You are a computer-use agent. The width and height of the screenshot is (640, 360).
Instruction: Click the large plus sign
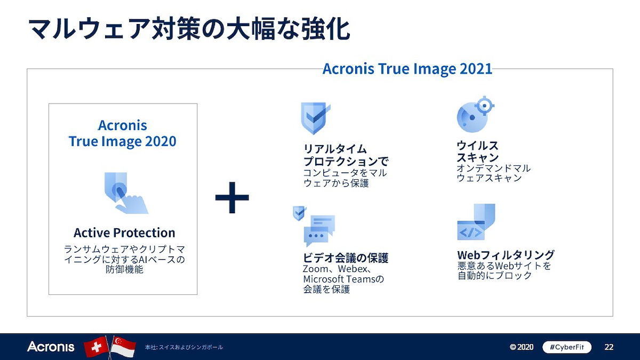point(232,197)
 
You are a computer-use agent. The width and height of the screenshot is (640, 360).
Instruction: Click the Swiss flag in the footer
point(97,347)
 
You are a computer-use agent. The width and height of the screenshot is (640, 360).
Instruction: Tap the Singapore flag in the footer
point(123,347)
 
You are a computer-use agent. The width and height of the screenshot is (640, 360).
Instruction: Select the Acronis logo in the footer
point(51,347)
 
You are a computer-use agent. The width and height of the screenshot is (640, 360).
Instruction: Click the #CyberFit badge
point(567,347)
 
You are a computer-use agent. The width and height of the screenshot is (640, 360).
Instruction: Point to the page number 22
point(609,347)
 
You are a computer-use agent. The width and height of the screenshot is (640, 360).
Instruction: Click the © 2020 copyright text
point(522,347)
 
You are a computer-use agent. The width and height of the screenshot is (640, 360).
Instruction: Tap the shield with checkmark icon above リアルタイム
point(315,118)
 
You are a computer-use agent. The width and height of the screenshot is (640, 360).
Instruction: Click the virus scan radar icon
point(475,114)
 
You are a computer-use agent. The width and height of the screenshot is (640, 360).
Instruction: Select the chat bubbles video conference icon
point(314,226)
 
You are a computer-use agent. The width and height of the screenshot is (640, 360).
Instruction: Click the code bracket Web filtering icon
point(476,222)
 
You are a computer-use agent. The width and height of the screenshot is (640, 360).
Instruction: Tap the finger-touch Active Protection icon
point(126,193)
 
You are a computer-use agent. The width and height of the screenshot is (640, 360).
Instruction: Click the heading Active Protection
point(124,233)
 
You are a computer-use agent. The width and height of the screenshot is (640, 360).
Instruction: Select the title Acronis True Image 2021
point(407,69)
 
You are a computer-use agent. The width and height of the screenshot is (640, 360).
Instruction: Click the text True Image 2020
point(123,141)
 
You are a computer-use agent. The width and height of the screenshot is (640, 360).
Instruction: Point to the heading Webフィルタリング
point(506,254)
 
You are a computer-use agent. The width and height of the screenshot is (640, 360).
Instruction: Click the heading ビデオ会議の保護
point(346,258)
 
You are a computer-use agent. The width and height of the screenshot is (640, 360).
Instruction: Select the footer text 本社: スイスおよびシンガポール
point(183,347)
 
